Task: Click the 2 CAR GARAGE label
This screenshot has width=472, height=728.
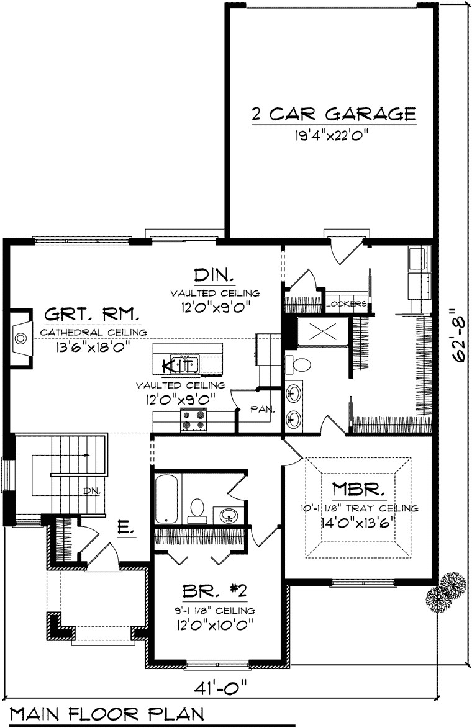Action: click(334, 114)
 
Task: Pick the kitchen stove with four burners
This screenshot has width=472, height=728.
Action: click(193, 419)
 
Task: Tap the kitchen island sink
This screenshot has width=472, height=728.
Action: click(187, 364)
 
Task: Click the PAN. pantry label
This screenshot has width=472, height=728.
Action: click(259, 410)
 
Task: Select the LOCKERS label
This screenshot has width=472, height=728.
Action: click(346, 304)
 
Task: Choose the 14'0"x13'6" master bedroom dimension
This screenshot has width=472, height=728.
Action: click(359, 520)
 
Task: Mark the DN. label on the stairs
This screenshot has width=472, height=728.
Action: click(92, 490)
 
